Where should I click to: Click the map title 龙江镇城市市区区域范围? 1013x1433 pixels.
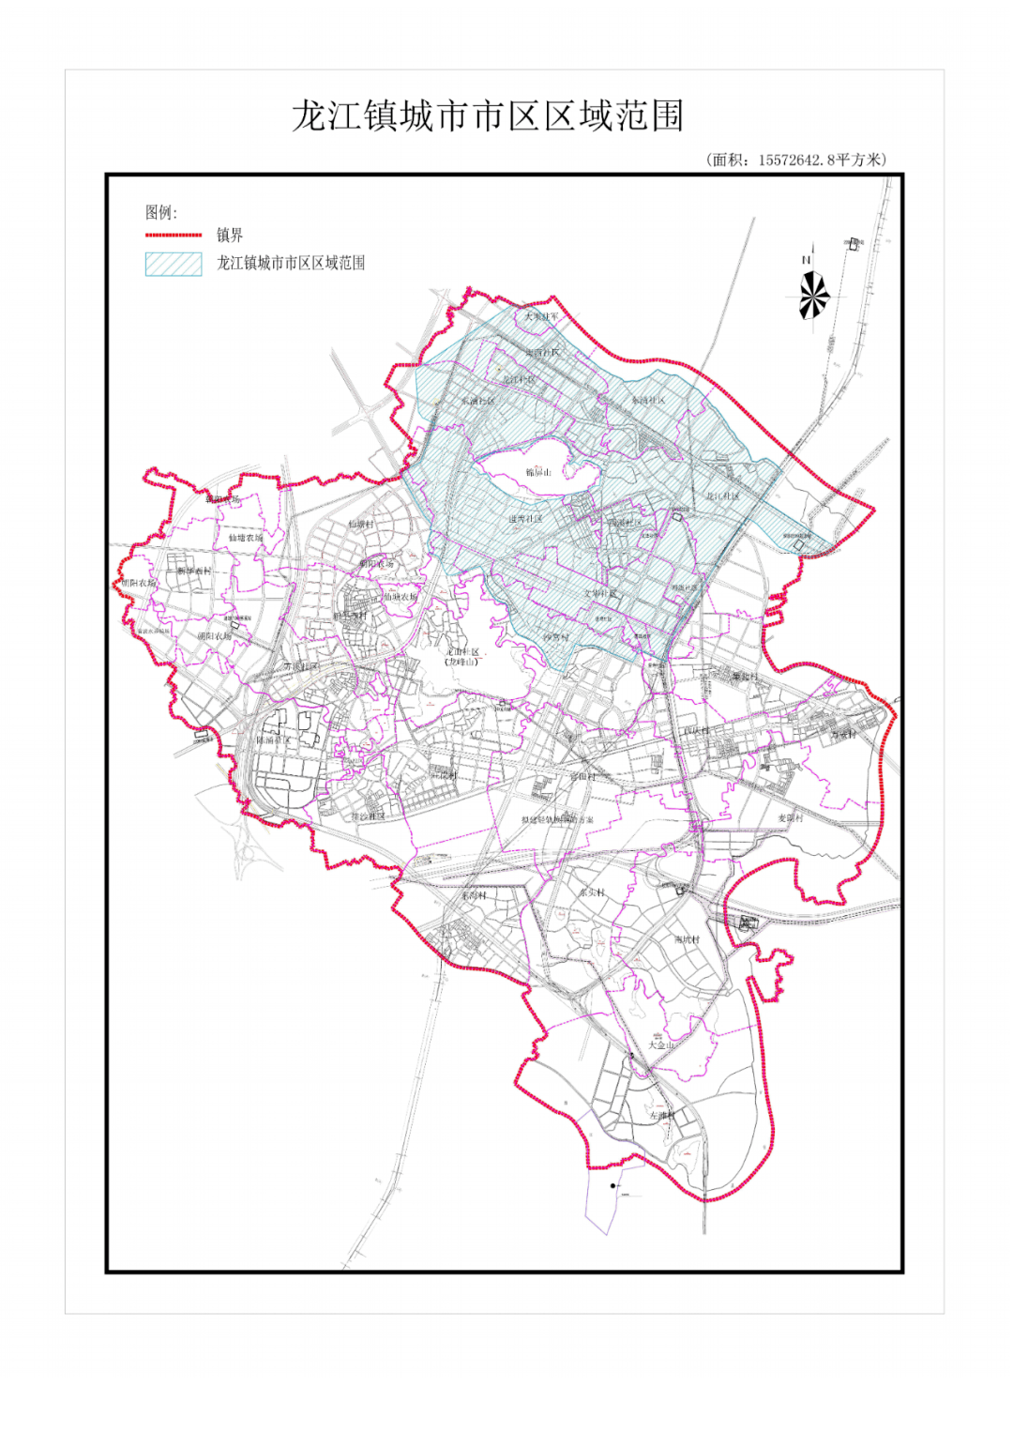pyautogui.click(x=488, y=117)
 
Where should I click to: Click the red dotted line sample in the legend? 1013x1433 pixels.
pyautogui.click(x=174, y=235)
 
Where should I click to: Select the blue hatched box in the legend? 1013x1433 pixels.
pyautogui.click(x=174, y=264)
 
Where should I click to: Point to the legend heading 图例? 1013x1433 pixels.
pyautogui.click(x=160, y=212)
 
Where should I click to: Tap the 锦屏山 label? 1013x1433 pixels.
pyautogui.click(x=538, y=472)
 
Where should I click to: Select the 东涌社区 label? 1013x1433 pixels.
pyautogui.click(x=477, y=401)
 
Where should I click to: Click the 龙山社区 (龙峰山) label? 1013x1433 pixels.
pyautogui.click(x=462, y=656)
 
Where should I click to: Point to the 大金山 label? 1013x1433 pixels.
pyautogui.click(x=661, y=1044)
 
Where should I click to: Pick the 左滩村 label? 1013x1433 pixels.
pyautogui.click(x=662, y=1116)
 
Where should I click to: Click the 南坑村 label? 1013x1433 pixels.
pyautogui.click(x=687, y=939)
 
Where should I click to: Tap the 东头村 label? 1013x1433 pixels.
pyautogui.click(x=592, y=892)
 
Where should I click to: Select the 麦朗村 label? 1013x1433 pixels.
pyautogui.click(x=791, y=818)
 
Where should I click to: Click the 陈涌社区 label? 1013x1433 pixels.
pyautogui.click(x=274, y=740)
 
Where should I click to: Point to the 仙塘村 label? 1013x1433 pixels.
pyautogui.click(x=361, y=525)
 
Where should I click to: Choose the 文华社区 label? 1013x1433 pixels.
pyautogui.click(x=600, y=593)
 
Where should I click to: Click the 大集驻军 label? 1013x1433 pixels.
pyautogui.click(x=541, y=317)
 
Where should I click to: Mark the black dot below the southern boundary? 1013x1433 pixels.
pyautogui.click(x=613, y=1186)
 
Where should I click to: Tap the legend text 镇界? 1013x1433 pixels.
pyautogui.click(x=230, y=235)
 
